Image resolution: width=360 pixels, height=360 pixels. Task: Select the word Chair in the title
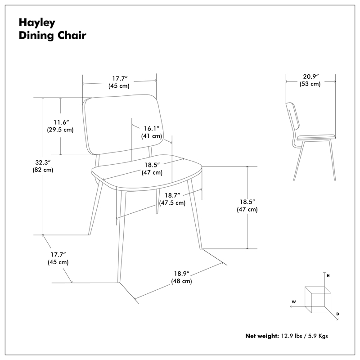click(x=70, y=35)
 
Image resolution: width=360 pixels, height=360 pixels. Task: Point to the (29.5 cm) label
click(x=60, y=130)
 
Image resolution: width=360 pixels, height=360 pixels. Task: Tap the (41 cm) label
click(x=152, y=136)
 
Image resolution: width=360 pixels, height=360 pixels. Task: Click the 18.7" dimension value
click(x=173, y=195)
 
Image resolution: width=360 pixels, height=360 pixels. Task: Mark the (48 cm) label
click(x=181, y=281)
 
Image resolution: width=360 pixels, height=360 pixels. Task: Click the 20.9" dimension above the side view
click(x=310, y=76)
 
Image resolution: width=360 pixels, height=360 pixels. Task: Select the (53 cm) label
click(x=310, y=84)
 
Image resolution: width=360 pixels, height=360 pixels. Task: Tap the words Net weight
click(x=262, y=336)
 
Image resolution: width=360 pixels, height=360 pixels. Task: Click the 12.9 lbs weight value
click(x=293, y=336)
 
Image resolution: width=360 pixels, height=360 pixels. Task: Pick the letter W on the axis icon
click(x=293, y=301)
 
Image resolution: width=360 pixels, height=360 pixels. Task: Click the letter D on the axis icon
click(x=337, y=313)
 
